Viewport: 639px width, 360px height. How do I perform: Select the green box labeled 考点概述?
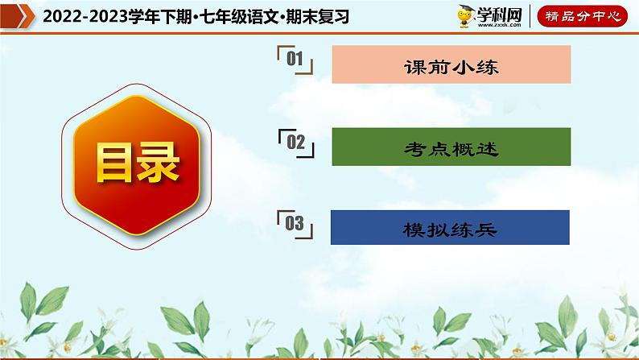(451, 147)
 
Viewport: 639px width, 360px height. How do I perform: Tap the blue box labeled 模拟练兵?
(451, 228)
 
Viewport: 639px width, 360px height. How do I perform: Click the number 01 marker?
(294, 59)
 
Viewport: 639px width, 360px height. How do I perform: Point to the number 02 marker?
(295, 142)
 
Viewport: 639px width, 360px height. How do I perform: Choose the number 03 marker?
(295, 223)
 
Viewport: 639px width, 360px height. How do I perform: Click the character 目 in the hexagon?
(114, 163)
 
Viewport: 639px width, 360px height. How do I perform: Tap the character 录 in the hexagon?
(160, 163)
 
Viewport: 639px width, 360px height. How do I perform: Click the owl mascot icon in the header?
(465, 17)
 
